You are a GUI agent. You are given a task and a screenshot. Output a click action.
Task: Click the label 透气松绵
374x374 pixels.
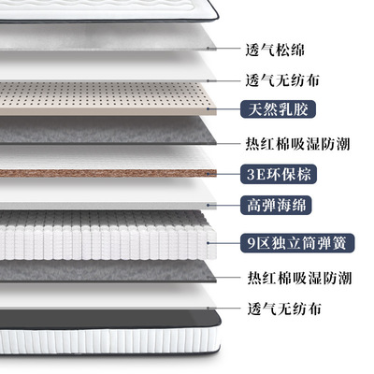(275, 50)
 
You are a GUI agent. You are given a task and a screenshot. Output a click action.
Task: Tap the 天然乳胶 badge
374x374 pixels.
(278, 109)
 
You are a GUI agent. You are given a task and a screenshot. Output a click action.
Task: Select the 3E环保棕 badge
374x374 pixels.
(279, 174)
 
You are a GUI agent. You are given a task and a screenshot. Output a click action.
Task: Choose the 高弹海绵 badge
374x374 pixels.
(276, 205)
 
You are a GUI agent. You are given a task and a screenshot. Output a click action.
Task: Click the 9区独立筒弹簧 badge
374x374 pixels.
(297, 243)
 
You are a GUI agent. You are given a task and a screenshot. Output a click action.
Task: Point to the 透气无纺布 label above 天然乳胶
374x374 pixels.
(282, 80)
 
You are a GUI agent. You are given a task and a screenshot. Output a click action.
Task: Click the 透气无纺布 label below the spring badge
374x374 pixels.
(284, 309)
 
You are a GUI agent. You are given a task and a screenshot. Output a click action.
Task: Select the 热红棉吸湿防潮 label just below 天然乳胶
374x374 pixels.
(297, 144)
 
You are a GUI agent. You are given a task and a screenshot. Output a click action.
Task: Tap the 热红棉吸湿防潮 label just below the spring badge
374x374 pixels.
(299, 278)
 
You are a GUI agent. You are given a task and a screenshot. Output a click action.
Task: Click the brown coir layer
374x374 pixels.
(108, 173)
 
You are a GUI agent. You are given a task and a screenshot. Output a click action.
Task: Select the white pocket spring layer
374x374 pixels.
(108, 236)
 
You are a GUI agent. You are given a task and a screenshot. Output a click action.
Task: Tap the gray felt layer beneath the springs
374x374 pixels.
(108, 271)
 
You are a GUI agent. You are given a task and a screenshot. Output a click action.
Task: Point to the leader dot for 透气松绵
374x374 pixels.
(209, 49)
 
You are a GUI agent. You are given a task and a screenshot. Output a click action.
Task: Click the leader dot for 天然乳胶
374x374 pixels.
(209, 109)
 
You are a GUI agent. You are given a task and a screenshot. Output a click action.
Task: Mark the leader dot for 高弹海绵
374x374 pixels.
(209, 205)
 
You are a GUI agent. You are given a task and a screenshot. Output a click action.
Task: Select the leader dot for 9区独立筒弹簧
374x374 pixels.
(209, 243)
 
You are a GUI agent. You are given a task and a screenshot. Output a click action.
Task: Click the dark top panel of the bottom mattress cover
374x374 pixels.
(109, 320)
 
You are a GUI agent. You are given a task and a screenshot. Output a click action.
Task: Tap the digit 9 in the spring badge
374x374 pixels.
(252, 243)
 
